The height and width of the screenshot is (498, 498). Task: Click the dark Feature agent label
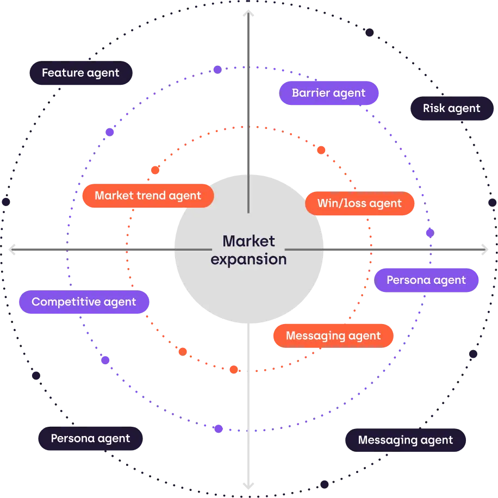click(x=80, y=73)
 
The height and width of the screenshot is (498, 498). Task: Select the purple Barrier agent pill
click(x=328, y=93)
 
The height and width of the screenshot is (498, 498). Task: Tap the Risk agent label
click(x=451, y=108)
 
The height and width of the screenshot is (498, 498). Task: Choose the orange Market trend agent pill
click(x=148, y=196)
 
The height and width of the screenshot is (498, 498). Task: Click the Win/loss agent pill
click(x=359, y=204)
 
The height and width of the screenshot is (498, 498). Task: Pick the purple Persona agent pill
click(x=426, y=281)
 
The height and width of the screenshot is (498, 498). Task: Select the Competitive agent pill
click(x=84, y=302)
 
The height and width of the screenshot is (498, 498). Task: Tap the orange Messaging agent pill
click(x=333, y=336)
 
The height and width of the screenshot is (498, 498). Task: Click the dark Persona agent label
click(x=90, y=438)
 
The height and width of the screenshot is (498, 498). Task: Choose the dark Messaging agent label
click(x=405, y=440)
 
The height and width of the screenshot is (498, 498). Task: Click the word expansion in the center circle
click(x=248, y=259)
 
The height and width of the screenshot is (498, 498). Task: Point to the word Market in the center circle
click(x=249, y=241)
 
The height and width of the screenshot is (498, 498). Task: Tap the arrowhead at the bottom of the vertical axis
click(x=248, y=483)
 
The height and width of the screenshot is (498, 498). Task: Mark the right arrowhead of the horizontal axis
click(x=483, y=250)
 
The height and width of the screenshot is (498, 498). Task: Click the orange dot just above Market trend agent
click(x=155, y=170)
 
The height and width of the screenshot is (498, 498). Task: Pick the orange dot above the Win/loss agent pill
click(x=321, y=150)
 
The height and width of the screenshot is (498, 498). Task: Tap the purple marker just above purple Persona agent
click(x=430, y=233)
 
